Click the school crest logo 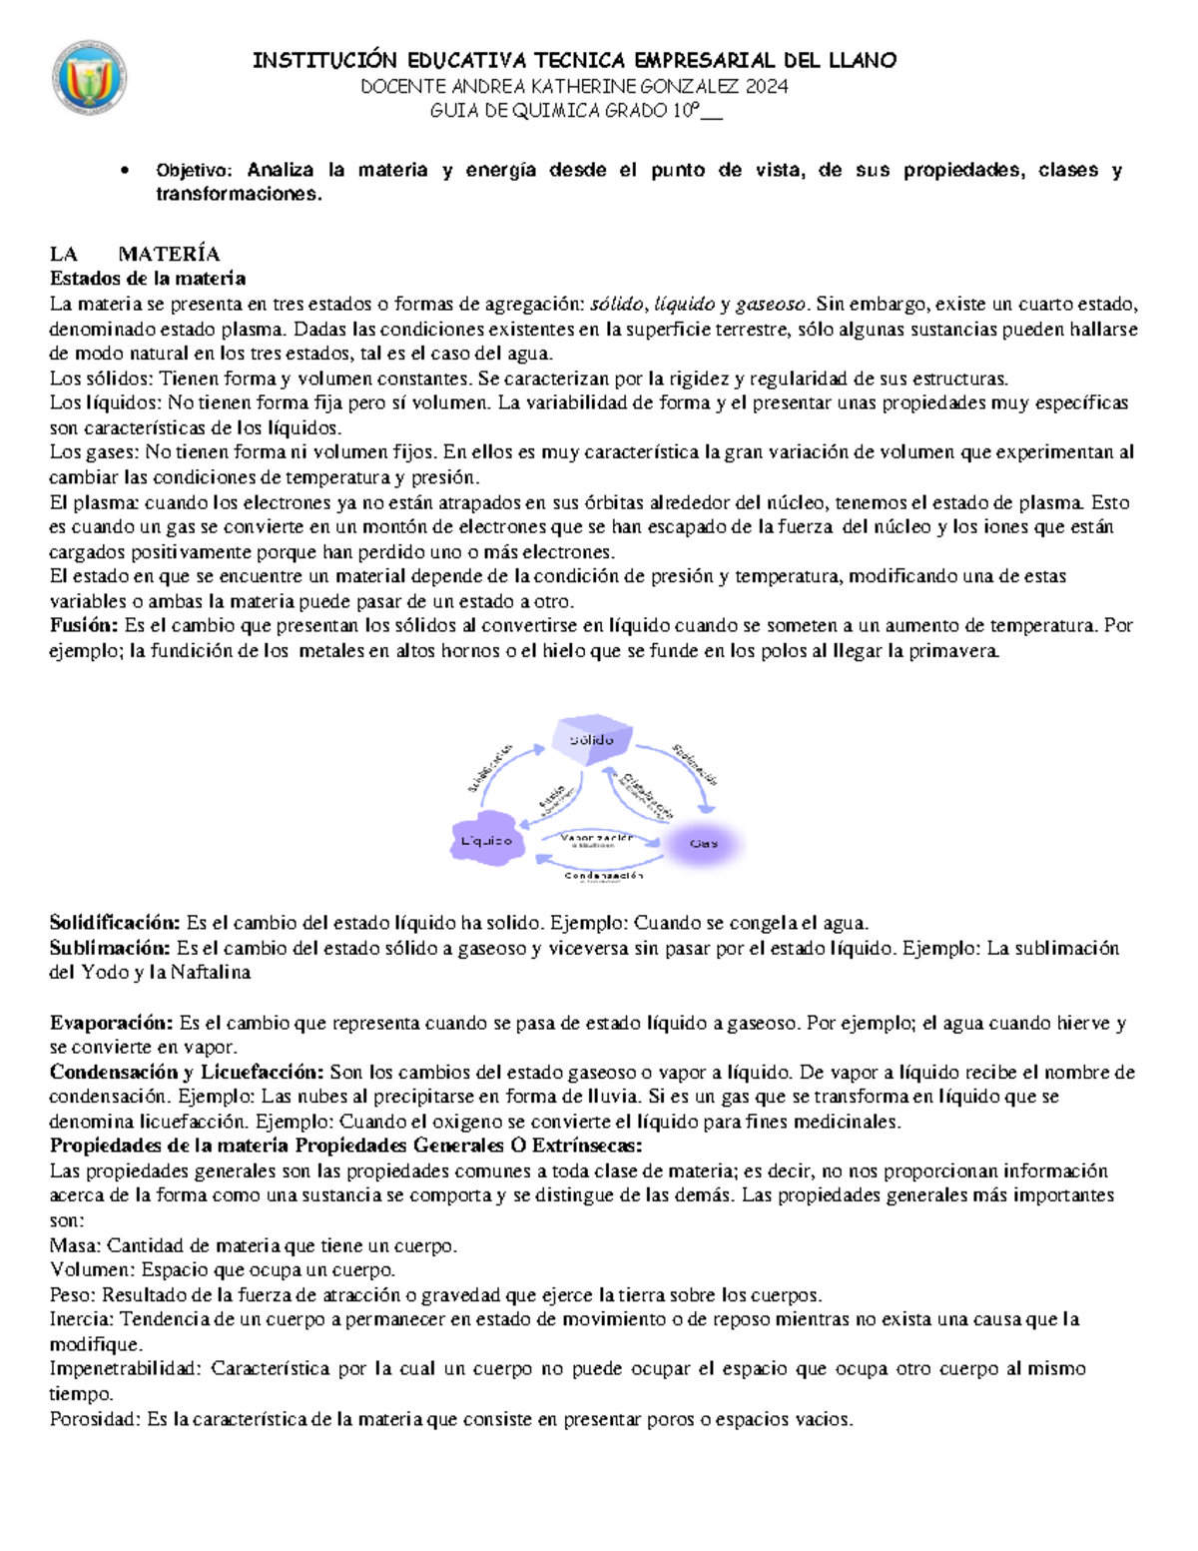pos(89,78)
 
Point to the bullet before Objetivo pos(124,171)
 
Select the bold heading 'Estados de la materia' pos(148,278)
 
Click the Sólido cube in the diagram pos(592,740)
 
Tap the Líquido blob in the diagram pos(486,841)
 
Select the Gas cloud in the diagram pos(704,843)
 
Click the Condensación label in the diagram pos(603,876)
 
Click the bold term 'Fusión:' pos(84,626)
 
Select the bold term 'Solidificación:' pos(115,923)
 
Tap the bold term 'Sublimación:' pos(110,948)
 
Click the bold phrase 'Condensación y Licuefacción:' pos(187,1073)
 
